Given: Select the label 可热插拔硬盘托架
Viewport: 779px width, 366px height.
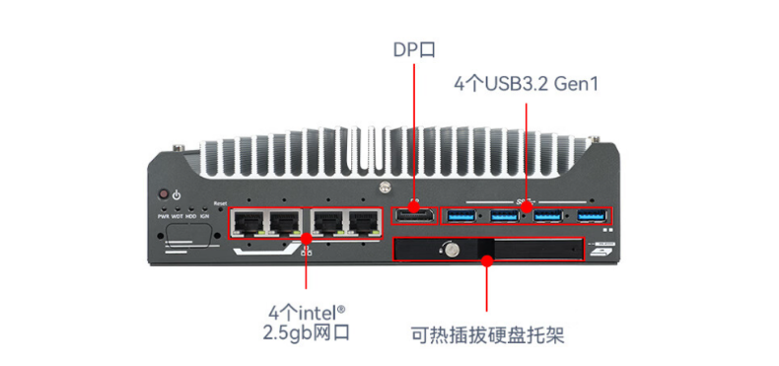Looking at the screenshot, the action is [x=487, y=335].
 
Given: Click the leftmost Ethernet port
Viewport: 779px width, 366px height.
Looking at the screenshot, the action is [x=247, y=221].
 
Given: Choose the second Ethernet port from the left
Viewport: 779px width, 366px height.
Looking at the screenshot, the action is [x=286, y=221].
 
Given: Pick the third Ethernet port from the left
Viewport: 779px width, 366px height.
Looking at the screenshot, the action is [x=327, y=221].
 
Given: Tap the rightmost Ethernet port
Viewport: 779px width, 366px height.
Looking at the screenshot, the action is [x=366, y=221].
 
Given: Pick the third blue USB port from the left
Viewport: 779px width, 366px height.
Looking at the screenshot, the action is [x=548, y=215].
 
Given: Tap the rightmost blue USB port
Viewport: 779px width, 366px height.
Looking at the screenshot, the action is [x=591, y=215].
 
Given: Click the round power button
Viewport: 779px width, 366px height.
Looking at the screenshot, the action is [x=163, y=195].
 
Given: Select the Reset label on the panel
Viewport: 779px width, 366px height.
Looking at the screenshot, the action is [x=220, y=202].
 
